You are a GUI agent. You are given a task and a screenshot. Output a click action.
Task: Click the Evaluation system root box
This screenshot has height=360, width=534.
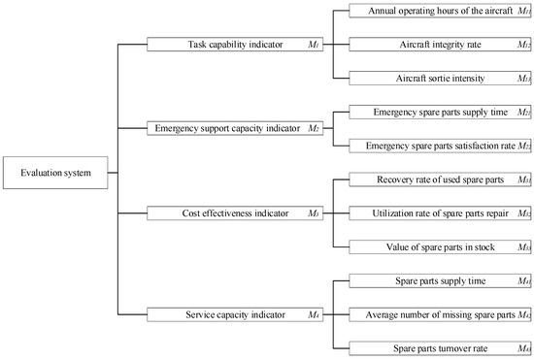pos(50,175)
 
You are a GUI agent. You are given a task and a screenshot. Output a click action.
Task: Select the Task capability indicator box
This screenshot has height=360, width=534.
pos(234,45)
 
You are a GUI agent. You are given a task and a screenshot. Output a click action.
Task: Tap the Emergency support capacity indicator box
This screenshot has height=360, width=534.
pos(234,128)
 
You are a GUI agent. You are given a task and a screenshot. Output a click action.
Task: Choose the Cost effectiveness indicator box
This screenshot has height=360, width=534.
pos(234,213)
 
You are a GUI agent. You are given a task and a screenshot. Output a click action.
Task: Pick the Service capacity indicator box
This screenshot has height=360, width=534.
pos(234,314)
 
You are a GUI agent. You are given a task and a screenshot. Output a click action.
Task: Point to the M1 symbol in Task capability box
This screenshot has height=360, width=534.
pos(313,45)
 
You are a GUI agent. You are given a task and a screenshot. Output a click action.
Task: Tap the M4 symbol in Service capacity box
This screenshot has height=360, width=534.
pos(313,314)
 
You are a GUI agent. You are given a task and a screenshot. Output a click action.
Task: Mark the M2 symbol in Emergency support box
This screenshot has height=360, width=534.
pos(313,128)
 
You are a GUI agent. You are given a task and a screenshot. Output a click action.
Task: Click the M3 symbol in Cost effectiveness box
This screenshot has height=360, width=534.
pos(313,213)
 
